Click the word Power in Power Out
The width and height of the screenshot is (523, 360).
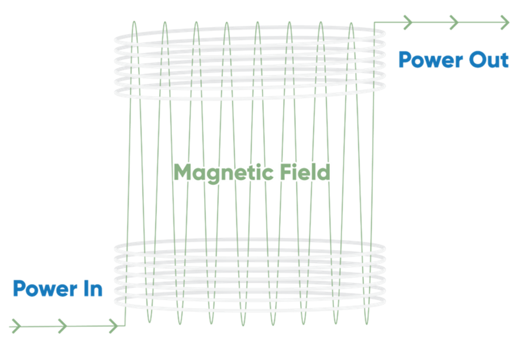(431, 60)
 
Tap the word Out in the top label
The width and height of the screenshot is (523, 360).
(489, 60)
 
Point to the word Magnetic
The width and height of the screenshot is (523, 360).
(224, 173)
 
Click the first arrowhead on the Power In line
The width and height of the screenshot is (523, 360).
(16, 326)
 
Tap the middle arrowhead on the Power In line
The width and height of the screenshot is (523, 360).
(63, 326)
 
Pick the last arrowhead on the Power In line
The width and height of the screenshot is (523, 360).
(113, 326)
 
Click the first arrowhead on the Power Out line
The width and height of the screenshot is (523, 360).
(408, 22)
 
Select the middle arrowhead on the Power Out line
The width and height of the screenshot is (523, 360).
(453, 22)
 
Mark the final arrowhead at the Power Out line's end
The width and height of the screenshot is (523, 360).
(505, 22)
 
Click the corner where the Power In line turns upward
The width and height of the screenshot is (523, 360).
(125, 325)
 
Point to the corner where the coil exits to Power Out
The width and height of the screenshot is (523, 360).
(374, 22)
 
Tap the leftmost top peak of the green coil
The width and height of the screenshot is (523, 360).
(134, 21)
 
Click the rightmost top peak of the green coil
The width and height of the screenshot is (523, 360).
(351, 23)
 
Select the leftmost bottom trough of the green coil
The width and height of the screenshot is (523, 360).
(149, 323)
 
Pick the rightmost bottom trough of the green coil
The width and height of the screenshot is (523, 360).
(367, 324)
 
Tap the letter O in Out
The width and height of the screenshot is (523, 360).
(477, 60)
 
